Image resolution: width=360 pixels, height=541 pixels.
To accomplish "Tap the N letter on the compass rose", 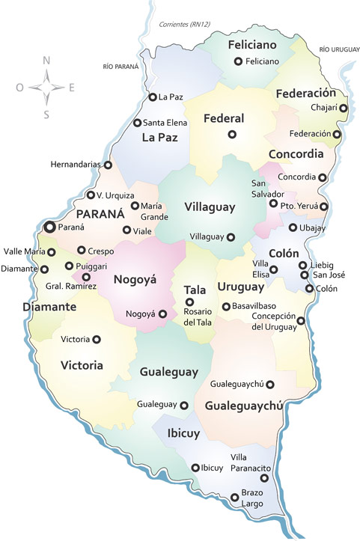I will point(46,61).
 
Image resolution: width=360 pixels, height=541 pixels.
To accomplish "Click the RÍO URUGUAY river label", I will point(335,49).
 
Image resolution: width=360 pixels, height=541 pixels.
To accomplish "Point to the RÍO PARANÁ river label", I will point(121,67).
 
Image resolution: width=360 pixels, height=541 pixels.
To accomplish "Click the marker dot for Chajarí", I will point(344,108).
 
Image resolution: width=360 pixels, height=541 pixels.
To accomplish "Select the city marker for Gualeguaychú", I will point(270,385).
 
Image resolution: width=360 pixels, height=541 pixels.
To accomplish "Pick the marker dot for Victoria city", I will point(96,339).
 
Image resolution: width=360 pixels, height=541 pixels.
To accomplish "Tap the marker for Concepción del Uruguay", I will point(301,321).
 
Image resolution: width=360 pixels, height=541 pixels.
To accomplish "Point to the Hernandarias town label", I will point(76,164).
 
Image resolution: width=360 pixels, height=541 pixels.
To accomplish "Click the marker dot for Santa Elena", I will point(137,123).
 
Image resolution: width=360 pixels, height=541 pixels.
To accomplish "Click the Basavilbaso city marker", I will point(226,307).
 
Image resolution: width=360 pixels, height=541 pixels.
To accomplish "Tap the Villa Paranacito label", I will point(250,463).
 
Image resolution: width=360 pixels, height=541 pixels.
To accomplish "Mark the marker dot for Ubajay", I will point(293,227).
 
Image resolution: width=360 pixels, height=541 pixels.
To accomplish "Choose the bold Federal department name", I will point(224,118).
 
